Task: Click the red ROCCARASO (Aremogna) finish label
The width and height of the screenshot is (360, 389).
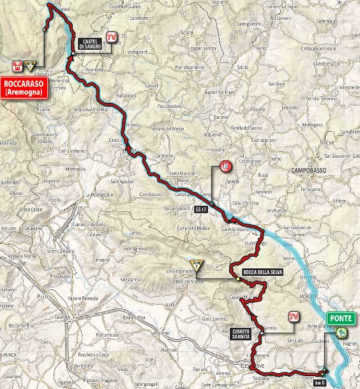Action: click(25, 87)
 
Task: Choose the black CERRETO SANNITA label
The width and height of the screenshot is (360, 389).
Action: click(242, 333)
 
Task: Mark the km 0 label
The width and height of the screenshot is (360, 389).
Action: click(319, 383)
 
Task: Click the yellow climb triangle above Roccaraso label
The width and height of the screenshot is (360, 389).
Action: click(30, 63)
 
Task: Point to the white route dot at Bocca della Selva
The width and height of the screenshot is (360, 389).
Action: click(237, 279)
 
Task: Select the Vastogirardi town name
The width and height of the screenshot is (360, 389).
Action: click(137, 52)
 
